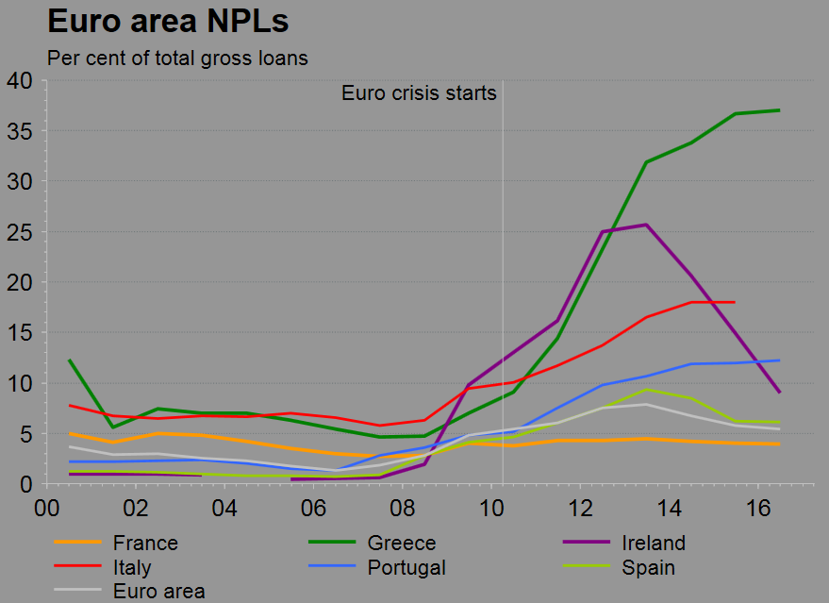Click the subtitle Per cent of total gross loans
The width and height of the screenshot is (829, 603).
click(x=177, y=59)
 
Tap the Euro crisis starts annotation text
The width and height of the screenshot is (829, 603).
click(x=419, y=92)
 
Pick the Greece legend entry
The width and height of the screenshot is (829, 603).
click(x=402, y=543)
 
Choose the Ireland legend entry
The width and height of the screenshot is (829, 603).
click(x=653, y=543)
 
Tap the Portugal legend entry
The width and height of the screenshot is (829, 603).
click(x=406, y=568)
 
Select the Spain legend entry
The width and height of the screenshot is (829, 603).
click(x=648, y=568)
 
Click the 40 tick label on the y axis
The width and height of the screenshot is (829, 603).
click(x=20, y=81)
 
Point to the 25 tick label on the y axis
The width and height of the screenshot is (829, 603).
click(x=20, y=232)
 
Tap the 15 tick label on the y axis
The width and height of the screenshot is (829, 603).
click(x=20, y=333)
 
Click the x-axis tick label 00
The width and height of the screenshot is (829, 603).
click(x=46, y=509)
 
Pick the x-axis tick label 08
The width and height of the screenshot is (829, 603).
click(x=403, y=509)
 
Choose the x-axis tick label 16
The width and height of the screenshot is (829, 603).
click(x=758, y=509)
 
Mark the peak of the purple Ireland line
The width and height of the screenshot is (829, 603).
click(x=645, y=225)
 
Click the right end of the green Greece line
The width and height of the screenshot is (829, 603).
click(x=779, y=110)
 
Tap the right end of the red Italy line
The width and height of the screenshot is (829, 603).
click(x=734, y=302)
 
